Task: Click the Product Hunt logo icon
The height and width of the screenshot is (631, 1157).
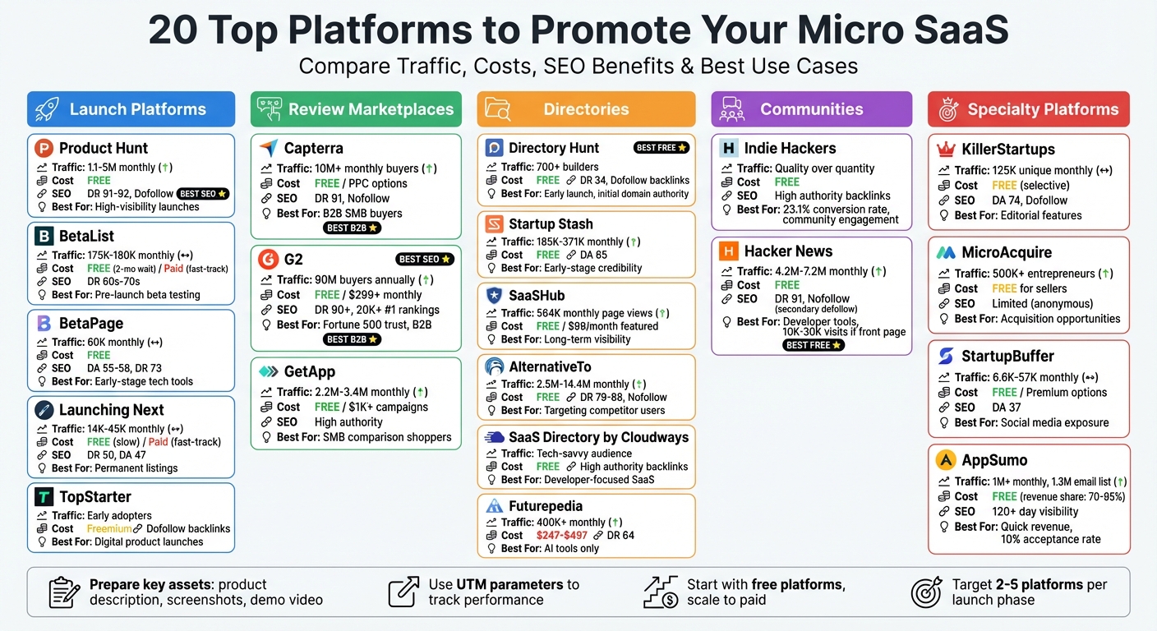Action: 44,149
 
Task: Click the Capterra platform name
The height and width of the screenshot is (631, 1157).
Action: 313,149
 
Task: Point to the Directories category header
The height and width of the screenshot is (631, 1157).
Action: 586,109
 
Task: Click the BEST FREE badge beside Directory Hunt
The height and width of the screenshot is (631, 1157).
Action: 661,148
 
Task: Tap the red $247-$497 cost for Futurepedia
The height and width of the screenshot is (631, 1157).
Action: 562,536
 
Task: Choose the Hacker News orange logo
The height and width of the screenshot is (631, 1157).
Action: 728,251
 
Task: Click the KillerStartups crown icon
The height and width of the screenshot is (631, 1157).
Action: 946,150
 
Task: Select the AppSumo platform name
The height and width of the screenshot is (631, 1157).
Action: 994,460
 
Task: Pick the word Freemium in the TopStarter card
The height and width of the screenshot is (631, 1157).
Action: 109,529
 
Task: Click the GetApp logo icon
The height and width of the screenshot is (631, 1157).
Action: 268,371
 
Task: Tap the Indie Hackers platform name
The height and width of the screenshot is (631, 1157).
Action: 790,149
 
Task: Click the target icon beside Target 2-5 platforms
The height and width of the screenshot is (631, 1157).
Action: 926,592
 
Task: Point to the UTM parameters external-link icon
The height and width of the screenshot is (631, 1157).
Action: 403,592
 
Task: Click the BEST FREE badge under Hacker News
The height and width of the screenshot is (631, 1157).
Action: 814,345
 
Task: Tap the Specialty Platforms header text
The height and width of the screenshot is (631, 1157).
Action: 1043,109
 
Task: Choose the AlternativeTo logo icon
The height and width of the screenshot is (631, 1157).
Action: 494,367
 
